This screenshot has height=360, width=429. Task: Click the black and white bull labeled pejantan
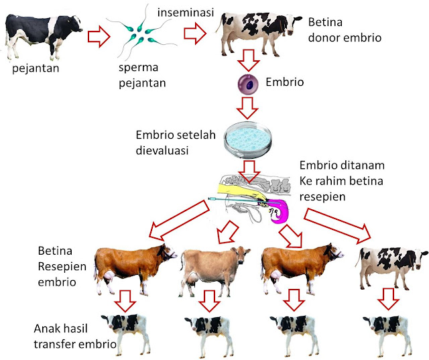pos(42,34)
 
